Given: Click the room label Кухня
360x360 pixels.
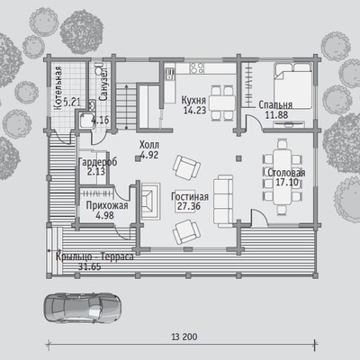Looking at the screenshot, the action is (193, 100).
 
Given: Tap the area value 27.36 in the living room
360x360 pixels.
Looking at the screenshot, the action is (189, 206).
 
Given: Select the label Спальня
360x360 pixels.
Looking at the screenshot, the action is (275, 105).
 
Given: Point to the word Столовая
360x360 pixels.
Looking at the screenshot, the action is (286, 173).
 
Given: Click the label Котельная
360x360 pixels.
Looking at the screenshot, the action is (58, 87).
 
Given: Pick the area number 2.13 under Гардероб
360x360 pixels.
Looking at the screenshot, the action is (96, 172).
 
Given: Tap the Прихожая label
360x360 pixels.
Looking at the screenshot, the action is (107, 206).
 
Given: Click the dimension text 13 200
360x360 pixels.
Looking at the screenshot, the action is (184, 337).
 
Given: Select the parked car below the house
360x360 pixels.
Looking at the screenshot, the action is (83, 308).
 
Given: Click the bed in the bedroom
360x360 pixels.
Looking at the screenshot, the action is (292, 85).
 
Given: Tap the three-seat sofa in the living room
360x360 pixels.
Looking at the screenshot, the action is (223, 200).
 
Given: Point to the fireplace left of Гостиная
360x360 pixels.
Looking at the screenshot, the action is (150, 200).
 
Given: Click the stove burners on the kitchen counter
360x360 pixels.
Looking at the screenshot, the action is (197, 67).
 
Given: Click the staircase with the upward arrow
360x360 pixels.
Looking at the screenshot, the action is (126, 106).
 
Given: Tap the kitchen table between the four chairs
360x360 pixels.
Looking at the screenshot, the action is (222, 103).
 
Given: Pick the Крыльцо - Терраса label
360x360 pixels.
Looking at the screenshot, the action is (94, 257).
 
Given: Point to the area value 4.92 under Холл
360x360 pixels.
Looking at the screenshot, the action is (149, 155).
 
